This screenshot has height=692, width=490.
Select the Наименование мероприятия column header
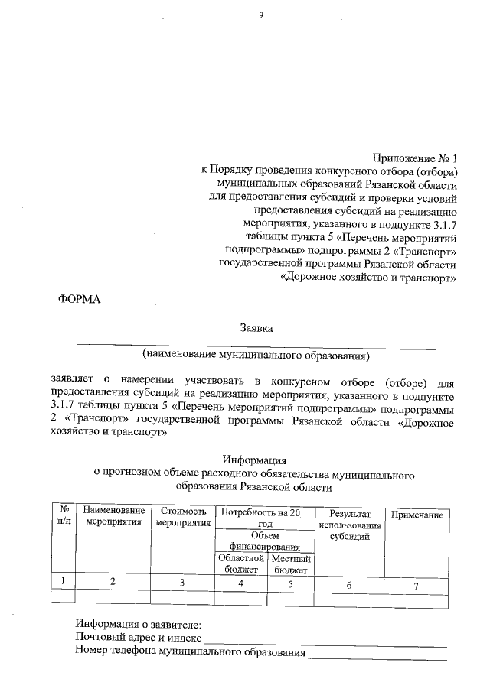(x=113, y=516)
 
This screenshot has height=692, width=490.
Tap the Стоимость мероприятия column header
(x=183, y=516)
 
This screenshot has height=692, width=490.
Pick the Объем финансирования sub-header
(x=265, y=541)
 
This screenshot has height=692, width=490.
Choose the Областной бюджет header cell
(x=240, y=564)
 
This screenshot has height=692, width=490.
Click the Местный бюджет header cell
(x=290, y=564)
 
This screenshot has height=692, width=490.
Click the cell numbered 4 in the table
(x=240, y=583)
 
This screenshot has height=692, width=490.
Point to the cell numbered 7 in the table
(x=416, y=586)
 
